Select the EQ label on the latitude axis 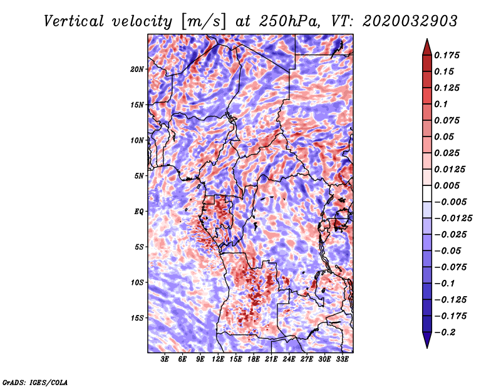139,211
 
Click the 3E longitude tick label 165,359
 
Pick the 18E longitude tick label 254,359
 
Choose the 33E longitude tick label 342,359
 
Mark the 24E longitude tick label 289,359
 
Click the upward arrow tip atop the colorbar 426,41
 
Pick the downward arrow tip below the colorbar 426,345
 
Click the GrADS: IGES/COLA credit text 35,381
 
